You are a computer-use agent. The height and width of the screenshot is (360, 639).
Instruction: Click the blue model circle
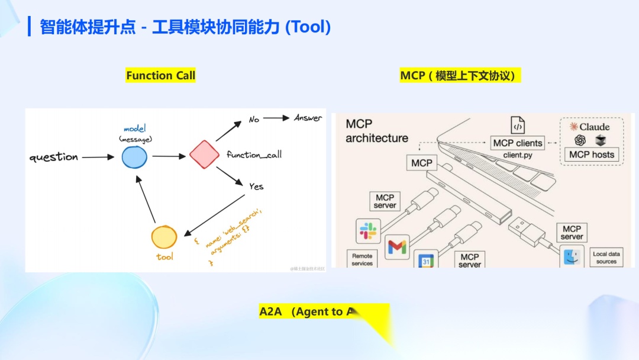(134, 157)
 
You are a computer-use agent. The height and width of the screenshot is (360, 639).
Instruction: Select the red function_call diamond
(204, 155)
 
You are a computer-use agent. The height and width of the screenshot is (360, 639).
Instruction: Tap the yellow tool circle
(164, 237)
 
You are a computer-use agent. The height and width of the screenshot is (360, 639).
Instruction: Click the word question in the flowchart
(54, 157)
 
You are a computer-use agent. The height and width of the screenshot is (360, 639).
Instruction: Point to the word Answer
(308, 118)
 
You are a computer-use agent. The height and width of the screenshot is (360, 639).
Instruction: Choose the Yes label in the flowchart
(256, 187)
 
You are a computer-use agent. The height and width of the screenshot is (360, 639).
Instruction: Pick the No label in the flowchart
(254, 120)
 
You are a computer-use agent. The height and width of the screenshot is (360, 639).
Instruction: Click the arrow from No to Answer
(276, 118)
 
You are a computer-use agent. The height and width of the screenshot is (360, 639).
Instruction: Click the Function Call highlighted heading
(160, 76)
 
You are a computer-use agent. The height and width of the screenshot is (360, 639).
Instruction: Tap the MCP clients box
(517, 143)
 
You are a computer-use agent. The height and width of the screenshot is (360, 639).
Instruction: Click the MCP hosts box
(592, 155)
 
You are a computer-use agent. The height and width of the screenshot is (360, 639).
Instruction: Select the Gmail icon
(397, 247)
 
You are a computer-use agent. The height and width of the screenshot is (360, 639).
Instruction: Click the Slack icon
(368, 230)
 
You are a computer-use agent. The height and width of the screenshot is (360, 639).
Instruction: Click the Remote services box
(362, 259)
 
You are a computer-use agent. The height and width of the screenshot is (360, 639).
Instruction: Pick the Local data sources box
(606, 258)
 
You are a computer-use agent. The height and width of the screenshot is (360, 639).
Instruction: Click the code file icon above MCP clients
(518, 126)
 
